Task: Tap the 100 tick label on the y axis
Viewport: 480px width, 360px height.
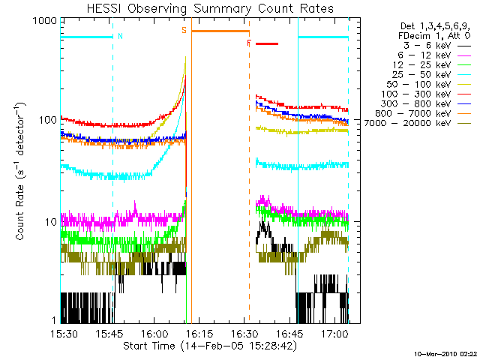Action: [47, 121]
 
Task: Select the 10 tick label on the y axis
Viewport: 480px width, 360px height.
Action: [49, 223]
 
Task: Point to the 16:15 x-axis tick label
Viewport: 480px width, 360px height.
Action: [200, 333]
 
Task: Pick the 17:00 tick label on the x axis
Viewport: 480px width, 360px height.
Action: [334, 333]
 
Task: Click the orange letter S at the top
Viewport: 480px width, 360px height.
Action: [184, 31]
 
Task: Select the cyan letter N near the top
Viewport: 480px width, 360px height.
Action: [120, 35]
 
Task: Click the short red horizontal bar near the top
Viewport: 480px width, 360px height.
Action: [266, 43]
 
